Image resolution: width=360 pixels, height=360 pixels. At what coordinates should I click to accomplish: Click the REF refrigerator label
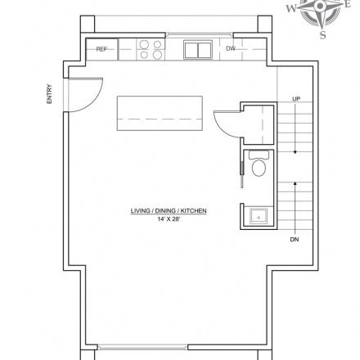click(101, 49)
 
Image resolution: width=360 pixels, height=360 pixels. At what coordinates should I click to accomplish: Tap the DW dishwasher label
click(231, 48)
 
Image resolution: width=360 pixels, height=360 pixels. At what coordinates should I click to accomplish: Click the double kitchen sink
click(198, 50)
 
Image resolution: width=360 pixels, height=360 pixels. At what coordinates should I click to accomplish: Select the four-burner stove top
click(151, 49)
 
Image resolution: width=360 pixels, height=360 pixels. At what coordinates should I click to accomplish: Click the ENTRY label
click(49, 94)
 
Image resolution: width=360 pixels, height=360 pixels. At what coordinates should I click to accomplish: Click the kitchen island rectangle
click(160, 113)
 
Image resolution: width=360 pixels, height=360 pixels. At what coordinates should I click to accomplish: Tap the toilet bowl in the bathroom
click(259, 168)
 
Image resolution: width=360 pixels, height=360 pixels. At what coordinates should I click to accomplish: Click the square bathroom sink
click(259, 216)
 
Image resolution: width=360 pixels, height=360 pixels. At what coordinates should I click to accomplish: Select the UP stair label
click(296, 99)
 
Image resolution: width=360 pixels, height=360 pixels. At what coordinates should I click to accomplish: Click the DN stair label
click(295, 240)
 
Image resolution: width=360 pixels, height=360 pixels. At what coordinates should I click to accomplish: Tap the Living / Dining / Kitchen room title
click(169, 211)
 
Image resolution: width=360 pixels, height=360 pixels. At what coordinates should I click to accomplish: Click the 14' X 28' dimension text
click(169, 219)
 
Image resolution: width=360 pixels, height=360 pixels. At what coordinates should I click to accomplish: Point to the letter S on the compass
click(323, 35)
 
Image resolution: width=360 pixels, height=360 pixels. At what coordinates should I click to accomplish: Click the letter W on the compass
click(291, 8)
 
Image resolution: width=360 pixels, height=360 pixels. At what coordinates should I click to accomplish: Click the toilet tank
click(259, 155)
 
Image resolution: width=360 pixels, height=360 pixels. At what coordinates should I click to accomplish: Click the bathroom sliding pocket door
click(241, 174)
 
